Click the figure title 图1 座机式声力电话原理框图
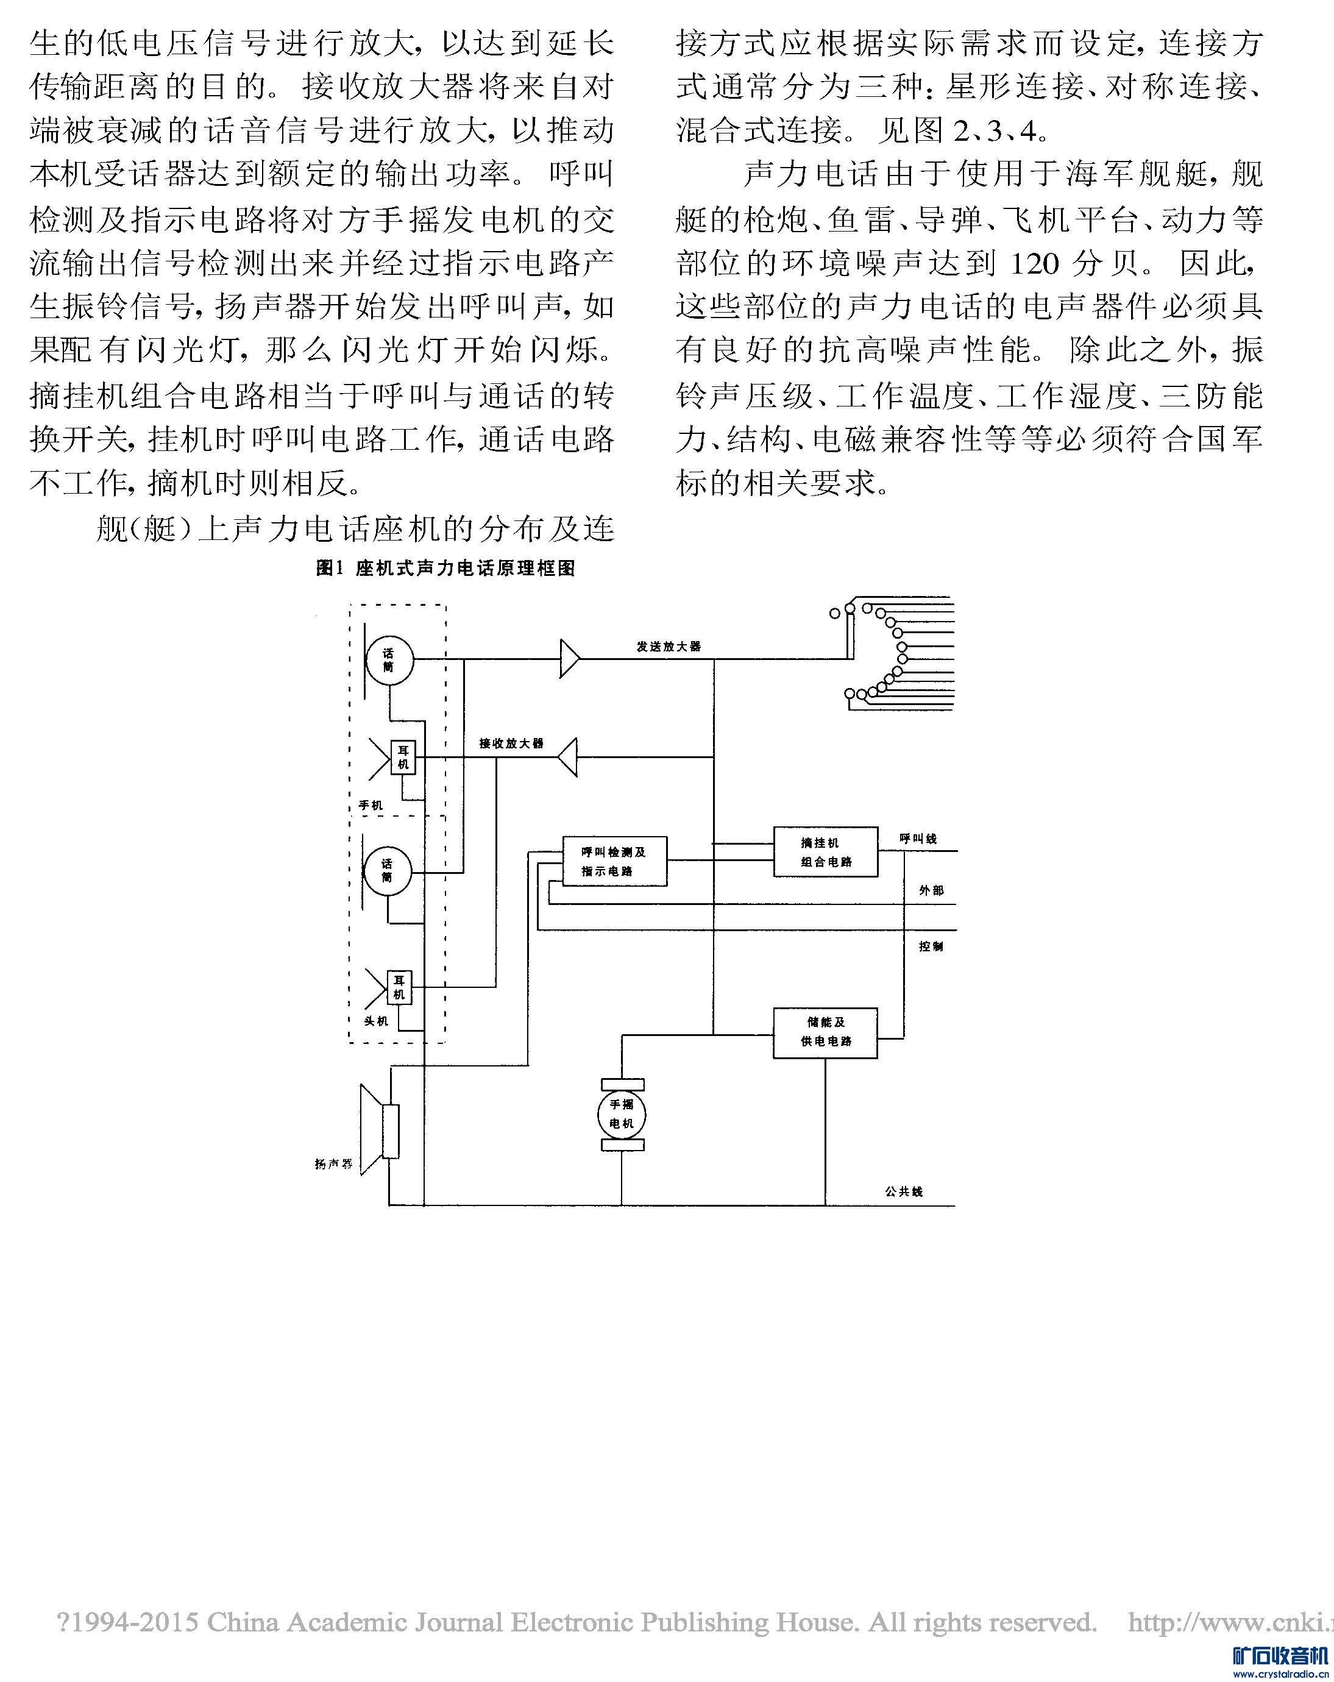445,568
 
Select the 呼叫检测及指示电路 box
615,861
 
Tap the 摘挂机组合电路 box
825,852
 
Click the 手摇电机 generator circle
622,1114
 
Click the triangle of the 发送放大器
569,659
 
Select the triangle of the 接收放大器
569,757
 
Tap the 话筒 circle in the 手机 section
389,660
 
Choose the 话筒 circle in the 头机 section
388,871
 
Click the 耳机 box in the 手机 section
403,758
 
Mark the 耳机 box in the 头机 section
399,987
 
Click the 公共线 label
903,1192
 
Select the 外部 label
931,890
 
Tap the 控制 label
931,946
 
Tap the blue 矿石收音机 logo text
1279,1656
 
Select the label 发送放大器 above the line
669,647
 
